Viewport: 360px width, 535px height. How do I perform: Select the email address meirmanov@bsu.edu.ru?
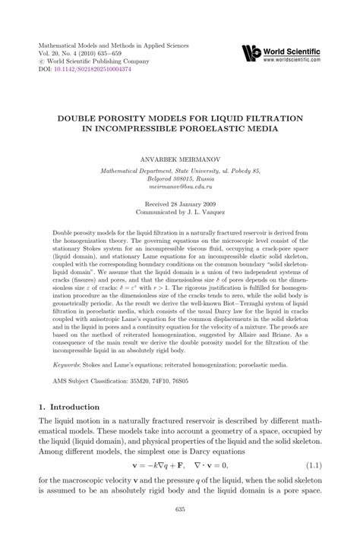tap(180, 186)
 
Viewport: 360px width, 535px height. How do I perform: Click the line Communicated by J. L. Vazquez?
tap(180, 213)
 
